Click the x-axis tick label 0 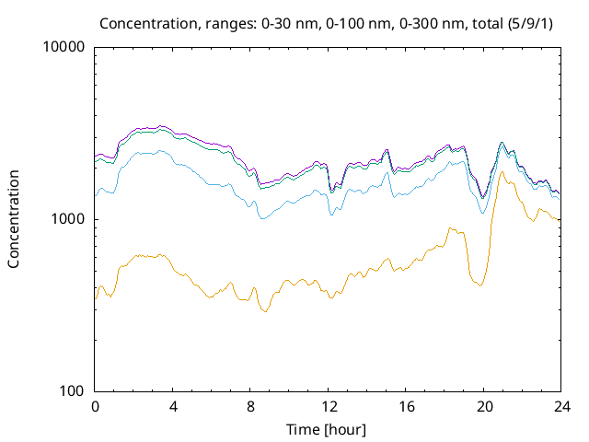click(x=95, y=406)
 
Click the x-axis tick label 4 click(x=173, y=406)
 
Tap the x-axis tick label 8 click(x=250, y=406)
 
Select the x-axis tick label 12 click(x=329, y=406)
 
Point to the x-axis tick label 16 click(x=406, y=406)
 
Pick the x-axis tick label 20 click(x=484, y=406)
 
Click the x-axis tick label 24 click(x=561, y=406)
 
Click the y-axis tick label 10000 click(x=64, y=48)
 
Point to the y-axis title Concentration click(x=14, y=219)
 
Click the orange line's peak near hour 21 click(x=502, y=172)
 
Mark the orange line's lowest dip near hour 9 click(x=265, y=312)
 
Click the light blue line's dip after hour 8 click(x=262, y=218)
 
